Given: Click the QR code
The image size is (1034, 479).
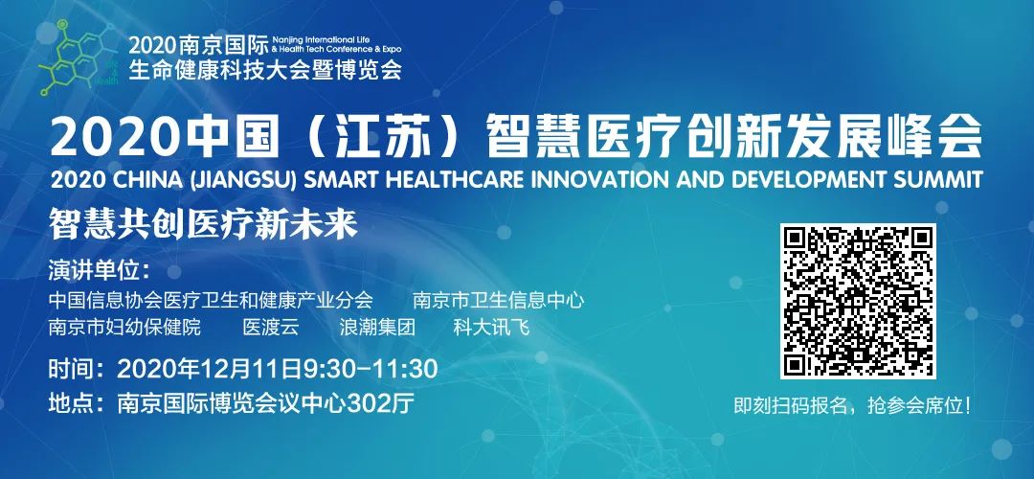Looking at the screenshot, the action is [x=858, y=301].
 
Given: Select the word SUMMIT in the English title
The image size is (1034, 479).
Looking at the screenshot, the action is [x=941, y=179].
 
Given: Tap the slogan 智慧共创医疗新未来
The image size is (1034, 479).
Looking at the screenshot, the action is [x=203, y=225].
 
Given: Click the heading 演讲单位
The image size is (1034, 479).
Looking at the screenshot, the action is [x=99, y=270].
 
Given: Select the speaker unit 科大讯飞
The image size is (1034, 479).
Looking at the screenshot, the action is [x=491, y=328].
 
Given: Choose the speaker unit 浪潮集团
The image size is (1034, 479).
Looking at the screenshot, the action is [x=377, y=328].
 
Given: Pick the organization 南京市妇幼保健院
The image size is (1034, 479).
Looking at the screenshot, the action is [x=124, y=328].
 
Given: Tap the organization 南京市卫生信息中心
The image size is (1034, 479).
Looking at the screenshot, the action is [x=499, y=300].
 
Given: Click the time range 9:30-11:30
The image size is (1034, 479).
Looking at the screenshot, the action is [x=371, y=369].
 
